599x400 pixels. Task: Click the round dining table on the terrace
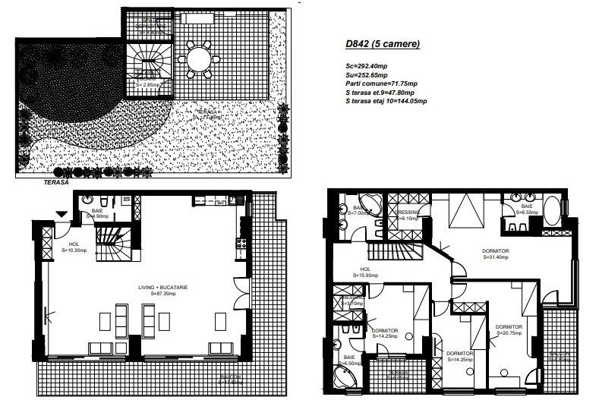point(199,56)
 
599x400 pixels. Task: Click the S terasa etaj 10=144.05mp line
point(385,100)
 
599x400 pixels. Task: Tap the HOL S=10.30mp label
point(74,247)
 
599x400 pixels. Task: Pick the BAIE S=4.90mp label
point(98,214)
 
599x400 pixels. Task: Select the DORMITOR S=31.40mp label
point(495,254)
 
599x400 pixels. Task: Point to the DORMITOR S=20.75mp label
point(509,329)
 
